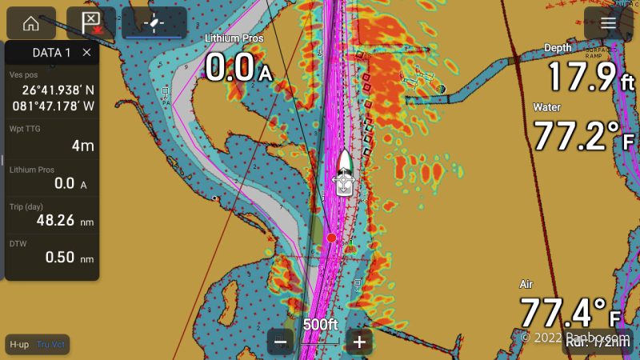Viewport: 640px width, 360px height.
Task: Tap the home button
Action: tap(31, 22)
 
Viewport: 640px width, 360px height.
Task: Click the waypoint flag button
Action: tap(90, 22)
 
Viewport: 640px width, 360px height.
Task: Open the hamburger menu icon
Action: tap(609, 22)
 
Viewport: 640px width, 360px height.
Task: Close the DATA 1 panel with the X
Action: tap(86, 53)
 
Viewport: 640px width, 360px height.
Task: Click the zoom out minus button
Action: tap(281, 342)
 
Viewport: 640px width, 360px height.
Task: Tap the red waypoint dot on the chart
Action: tap(331, 238)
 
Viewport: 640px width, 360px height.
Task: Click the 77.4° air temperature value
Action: tap(563, 313)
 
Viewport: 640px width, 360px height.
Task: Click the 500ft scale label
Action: tap(320, 325)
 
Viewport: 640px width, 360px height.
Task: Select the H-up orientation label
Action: tap(19, 344)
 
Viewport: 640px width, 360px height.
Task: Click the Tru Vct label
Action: tap(51, 344)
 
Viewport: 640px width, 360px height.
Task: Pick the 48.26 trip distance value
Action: tap(55, 220)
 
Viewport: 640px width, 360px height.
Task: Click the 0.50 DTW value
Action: tap(60, 257)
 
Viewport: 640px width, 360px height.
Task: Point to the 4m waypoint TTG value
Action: tap(82, 146)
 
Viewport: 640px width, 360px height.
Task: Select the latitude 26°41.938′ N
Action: tap(58, 90)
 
